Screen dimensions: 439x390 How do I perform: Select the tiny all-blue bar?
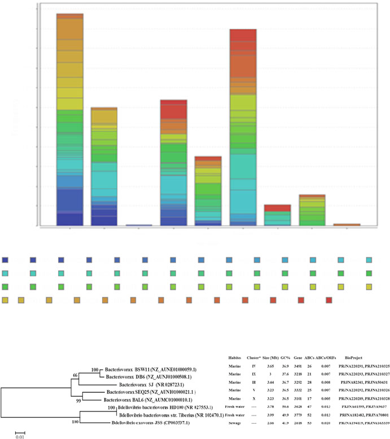pos(138,225)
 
